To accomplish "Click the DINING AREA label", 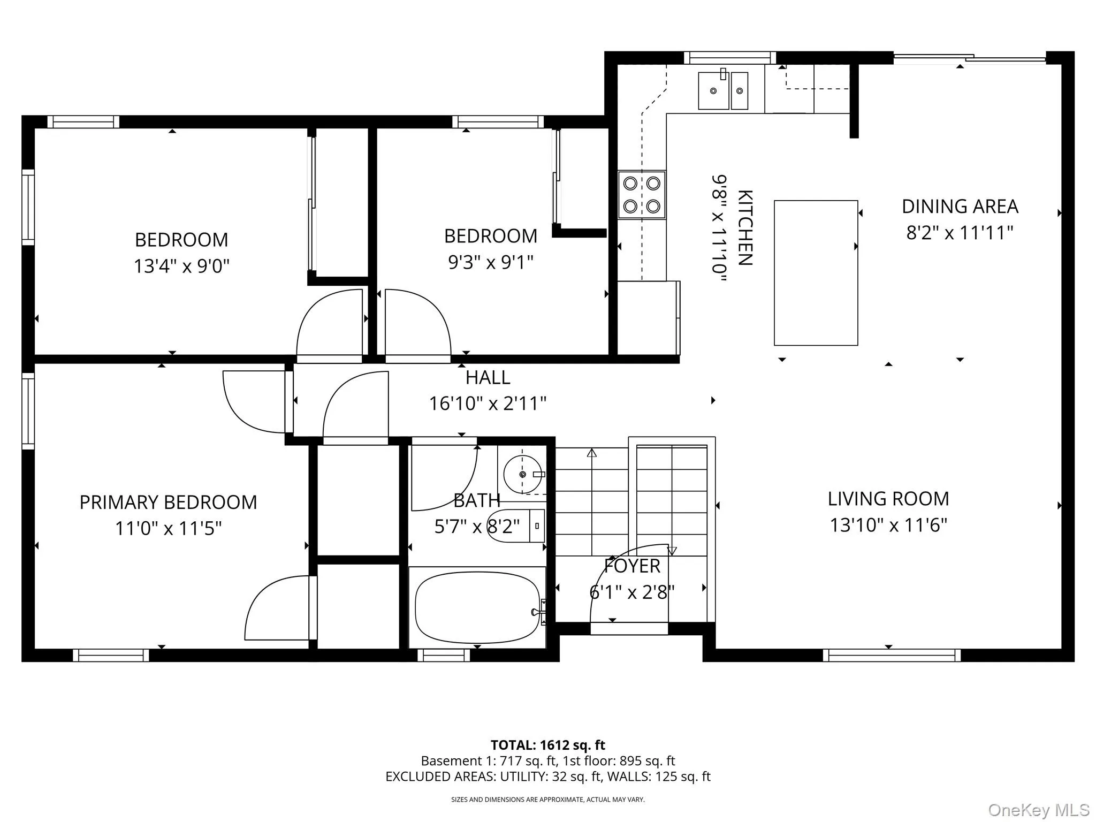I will point(960,207).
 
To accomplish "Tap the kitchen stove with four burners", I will point(642,195).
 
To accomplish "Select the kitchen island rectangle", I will point(816,273).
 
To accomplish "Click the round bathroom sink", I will point(522,474).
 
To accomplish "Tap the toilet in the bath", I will point(516,526).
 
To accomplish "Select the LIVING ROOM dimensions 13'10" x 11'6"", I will point(888,525).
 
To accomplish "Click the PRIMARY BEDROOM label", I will point(168,503).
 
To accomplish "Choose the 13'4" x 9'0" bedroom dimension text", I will point(181,266).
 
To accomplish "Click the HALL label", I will point(488,378).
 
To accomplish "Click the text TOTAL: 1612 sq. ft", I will point(547,745).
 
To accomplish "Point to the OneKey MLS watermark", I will point(1038,810).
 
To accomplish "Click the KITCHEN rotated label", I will point(745,227).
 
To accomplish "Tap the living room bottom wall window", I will point(891,655).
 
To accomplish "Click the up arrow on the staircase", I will point(591,453).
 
